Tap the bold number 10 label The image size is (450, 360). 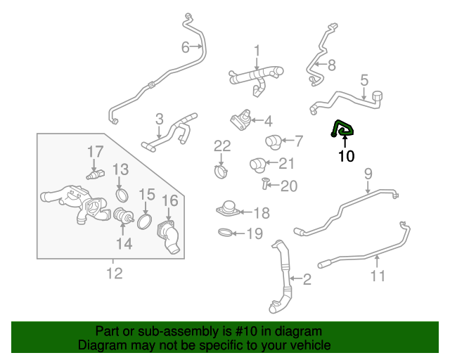pyautogui.click(x=347, y=156)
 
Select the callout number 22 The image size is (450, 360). pyautogui.click(x=222, y=146)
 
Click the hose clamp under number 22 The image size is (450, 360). pyautogui.click(x=221, y=172)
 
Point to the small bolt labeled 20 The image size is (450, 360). pyautogui.click(x=264, y=184)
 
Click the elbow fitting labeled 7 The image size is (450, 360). pyautogui.click(x=273, y=142)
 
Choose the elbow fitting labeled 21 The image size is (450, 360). pyautogui.click(x=258, y=165)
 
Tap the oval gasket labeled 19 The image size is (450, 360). pyautogui.click(x=226, y=232)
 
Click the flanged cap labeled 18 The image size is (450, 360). pyautogui.click(x=229, y=208)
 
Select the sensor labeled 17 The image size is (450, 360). pyautogui.click(x=96, y=174)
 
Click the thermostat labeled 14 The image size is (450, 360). pyautogui.click(x=124, y=216)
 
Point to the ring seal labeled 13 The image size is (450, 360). pyautogui.click(x=122, y=195)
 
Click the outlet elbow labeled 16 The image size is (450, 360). pyautogui.click(x=169, y=236)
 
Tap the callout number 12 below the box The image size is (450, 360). pyautogui.click(x=115, y=274)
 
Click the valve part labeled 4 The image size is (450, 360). pyautogui.click(x=240, y=120)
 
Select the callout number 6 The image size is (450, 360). pyautogui.click(x=186, y=47)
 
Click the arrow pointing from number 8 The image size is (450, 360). pyautogui.click(x=321, y=64)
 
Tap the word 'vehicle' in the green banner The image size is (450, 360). pyautogui.click(x=313, y=345)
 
